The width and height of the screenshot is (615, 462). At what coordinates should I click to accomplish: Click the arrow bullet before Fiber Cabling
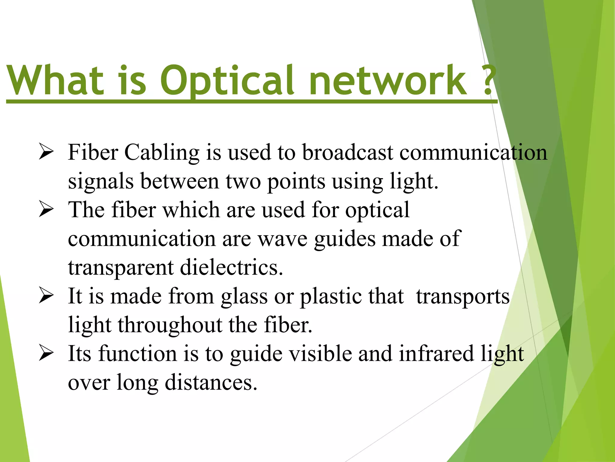point(46,152)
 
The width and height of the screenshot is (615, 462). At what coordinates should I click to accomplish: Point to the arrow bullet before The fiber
point(46,210)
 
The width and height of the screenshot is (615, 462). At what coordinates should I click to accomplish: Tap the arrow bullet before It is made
point(46,296)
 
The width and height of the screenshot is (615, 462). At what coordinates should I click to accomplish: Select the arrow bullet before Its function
point(46,353)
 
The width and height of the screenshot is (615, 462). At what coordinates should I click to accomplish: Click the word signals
point(101,182)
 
